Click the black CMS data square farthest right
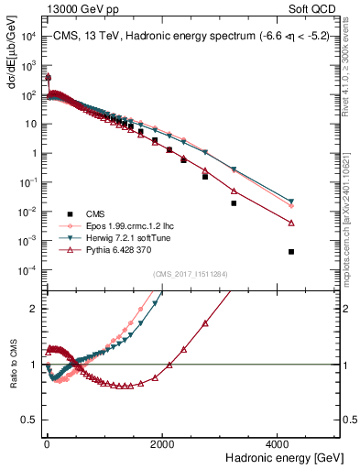[291, 252]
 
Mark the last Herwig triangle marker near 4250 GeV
[291, 202]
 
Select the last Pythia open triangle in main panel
[291, 223]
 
